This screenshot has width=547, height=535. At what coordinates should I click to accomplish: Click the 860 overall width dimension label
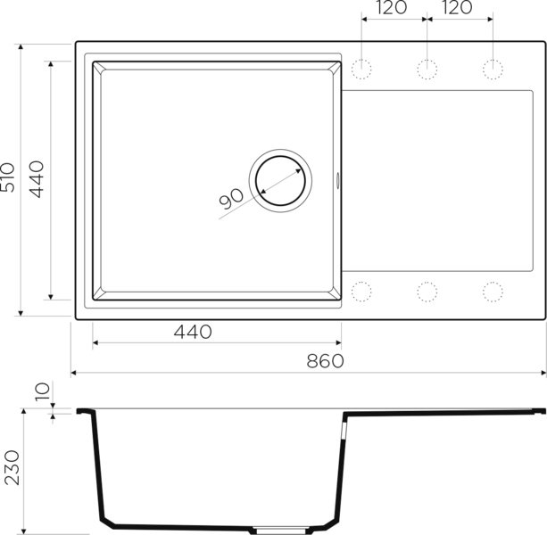[x=325, y=361]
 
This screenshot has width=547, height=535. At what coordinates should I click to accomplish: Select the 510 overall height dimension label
[x=8, y=177]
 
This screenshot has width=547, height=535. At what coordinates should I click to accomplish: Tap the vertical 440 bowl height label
[x=37, y=179]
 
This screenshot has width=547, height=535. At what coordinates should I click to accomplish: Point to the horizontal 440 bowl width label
[x=193, y=332]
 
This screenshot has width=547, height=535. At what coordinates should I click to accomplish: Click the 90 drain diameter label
[x=231, y=198]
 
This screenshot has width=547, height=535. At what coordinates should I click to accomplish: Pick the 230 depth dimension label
[x=12, y=468]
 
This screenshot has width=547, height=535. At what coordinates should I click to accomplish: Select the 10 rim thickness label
[x=43, y=391]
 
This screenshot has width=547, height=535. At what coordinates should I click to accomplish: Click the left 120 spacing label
[x=391, y=8]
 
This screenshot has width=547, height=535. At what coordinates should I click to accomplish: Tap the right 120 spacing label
[x=457, y=8]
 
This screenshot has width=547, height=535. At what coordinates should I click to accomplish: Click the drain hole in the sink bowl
[x=280, y=181]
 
